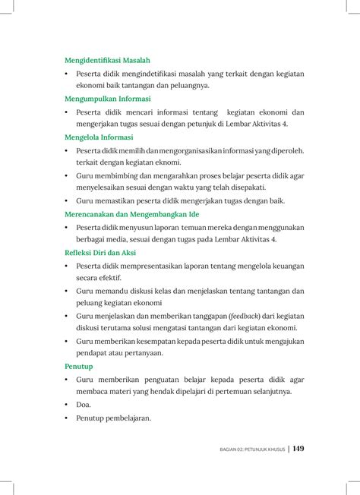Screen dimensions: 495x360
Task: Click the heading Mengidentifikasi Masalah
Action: coord(107,59)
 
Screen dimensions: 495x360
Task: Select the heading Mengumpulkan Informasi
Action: coord(107,99)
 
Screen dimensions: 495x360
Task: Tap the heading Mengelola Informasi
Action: coord(99,137)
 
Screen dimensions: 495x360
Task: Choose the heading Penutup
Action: coord(79,366)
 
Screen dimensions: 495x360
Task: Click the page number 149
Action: coord(298,449)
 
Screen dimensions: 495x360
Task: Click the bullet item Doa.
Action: coord(83,405)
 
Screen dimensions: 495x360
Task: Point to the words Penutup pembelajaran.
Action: coord(114,418)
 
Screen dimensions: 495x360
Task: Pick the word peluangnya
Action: coord(188,86)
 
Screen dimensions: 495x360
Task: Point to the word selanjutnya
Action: coord(268,392)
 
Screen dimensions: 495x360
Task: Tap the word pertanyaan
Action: coord(141,354)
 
